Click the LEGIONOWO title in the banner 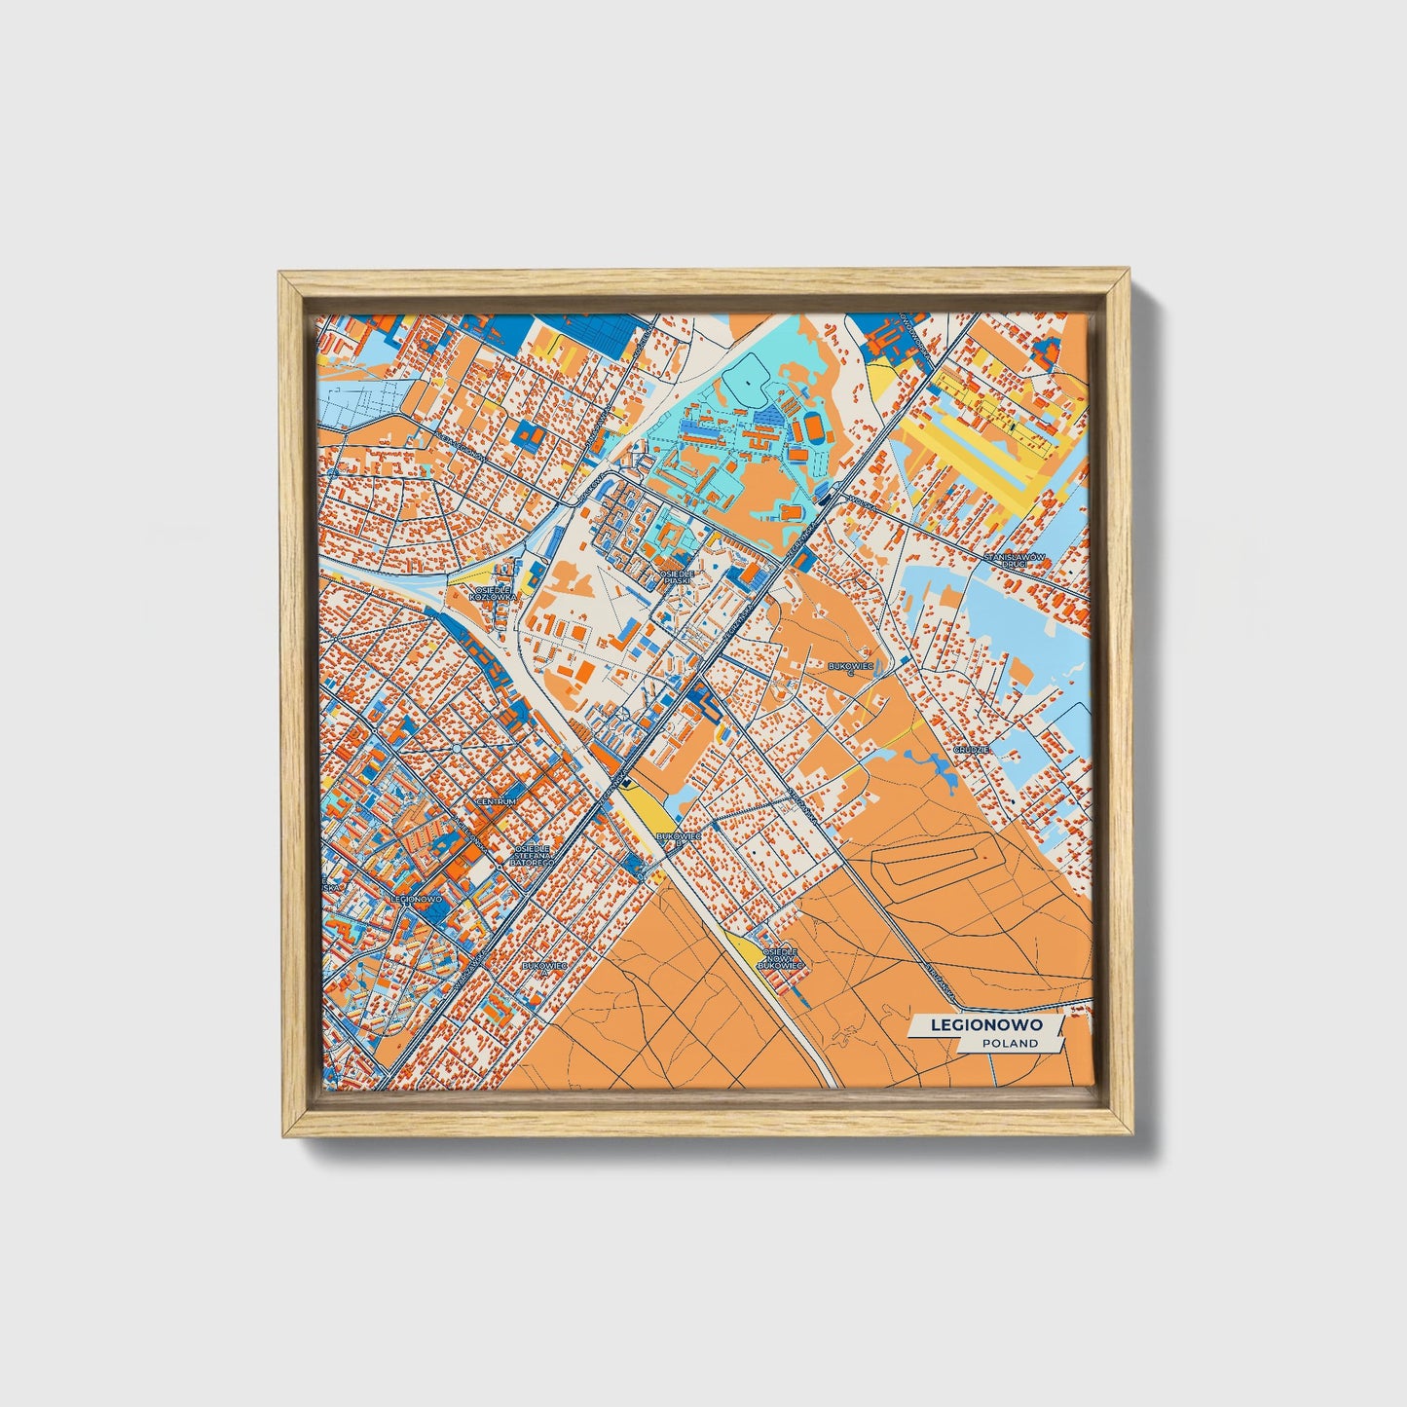[985, 1024]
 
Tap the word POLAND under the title [1009, 1043]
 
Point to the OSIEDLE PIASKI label [677, 576]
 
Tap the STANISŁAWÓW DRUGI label [1014, 560]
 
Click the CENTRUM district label [496, 801]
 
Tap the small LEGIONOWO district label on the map [416, 899]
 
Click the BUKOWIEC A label [544, 966]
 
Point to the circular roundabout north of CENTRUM [457, 748]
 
